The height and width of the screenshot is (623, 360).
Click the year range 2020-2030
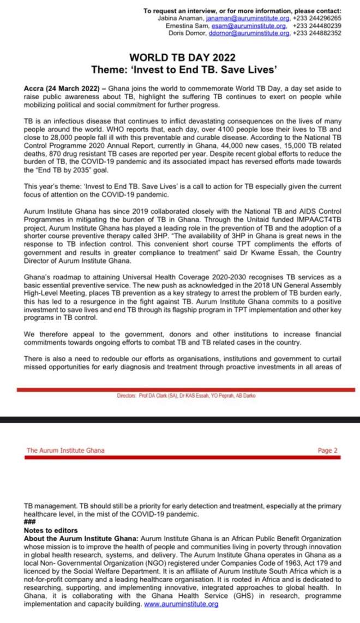point(210,278)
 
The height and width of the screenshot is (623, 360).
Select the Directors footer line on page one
point(185,395)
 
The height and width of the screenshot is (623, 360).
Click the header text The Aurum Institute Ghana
point(65,451)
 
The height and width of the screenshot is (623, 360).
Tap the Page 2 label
point(327,451)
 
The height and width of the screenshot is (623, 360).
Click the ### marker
point(31,523)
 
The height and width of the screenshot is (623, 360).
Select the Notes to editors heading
point(51,530)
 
